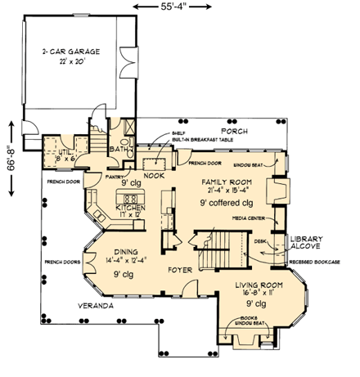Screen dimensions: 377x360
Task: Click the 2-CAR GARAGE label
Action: pyautogui.click(x=70, y=52)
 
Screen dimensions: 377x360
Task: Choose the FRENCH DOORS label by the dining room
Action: pyautogui.click(x=59, y=263)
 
